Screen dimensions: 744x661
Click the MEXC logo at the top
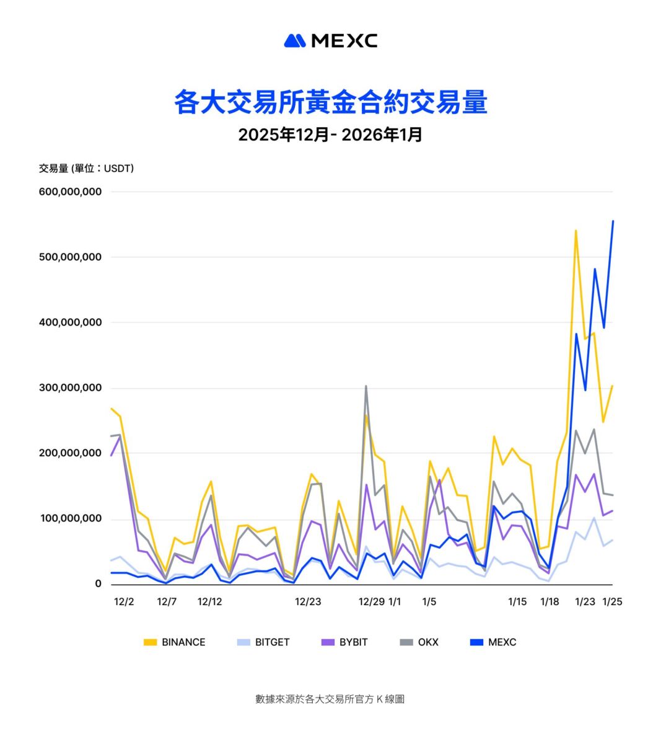[330, 41]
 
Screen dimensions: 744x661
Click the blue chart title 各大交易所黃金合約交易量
[330, 102]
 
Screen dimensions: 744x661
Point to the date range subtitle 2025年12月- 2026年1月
[330, 135]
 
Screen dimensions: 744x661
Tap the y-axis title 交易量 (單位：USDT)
[86, 168]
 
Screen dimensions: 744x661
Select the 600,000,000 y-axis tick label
[70, 192]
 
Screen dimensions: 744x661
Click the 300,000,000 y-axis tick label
[70, 388]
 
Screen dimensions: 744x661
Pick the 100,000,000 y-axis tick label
[70, 518]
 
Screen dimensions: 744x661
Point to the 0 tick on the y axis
[98, 584]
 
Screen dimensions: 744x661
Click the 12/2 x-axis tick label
[124, 601]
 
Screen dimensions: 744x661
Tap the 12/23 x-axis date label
[308, 601]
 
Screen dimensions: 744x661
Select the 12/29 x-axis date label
[372, 601]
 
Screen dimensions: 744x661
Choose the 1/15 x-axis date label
[517, 601]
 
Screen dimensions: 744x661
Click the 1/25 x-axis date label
[613, 601]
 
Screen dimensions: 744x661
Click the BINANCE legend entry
[175, 642]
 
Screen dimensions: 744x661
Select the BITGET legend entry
[264, 642]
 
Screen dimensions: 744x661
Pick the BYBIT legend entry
[345, 642]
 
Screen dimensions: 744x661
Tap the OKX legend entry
[420, 642]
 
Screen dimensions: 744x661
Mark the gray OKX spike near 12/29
[366, 386]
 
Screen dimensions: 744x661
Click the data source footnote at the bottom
[330, 699]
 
